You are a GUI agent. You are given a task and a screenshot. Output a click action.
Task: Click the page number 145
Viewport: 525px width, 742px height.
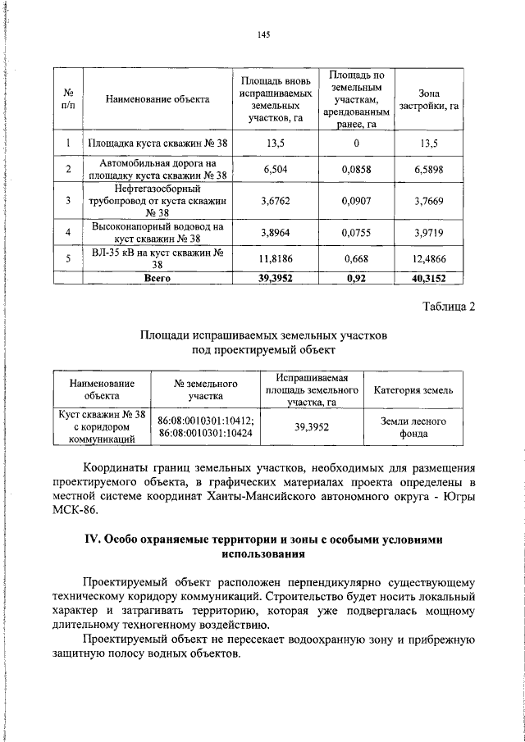point(262,34)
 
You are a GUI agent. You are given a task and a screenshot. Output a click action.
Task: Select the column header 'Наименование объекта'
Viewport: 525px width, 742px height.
point(157,99)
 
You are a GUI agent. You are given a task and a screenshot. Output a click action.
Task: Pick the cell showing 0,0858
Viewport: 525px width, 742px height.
point(357,168)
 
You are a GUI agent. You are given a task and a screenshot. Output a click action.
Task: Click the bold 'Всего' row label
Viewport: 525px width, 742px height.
point(157,278)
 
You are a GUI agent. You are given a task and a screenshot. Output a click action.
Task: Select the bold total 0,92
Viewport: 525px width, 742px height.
point(357,278)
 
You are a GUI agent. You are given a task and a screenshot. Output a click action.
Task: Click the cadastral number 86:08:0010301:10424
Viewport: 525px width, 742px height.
point(205,432)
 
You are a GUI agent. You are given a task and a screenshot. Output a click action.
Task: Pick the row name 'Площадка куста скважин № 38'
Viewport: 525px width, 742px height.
point(157,143)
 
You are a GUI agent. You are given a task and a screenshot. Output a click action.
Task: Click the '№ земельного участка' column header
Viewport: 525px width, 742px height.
point(205,389)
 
